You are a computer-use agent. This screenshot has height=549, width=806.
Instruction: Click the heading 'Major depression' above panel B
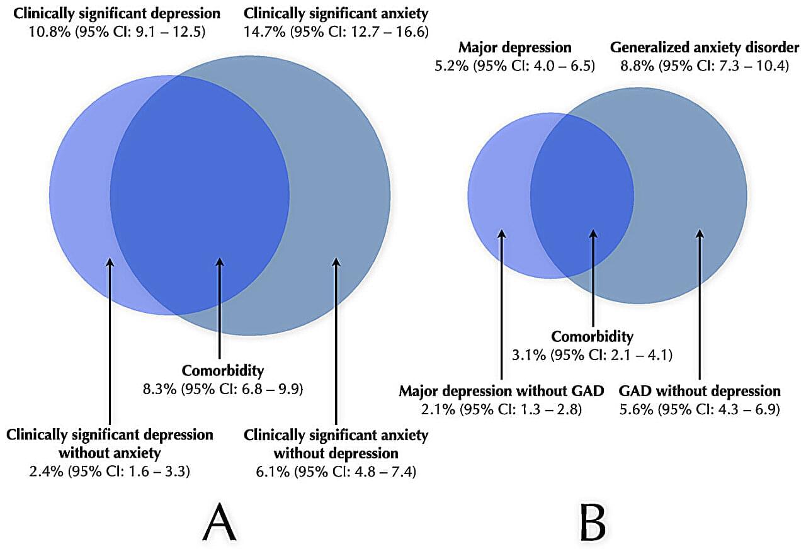(x=515, y=47)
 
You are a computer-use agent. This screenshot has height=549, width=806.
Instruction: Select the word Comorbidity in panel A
(x=223, y=371)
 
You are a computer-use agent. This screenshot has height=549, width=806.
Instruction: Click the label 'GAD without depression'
(x=700, y=391)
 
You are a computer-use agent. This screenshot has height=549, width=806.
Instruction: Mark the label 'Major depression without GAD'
(x=501, y=391)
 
